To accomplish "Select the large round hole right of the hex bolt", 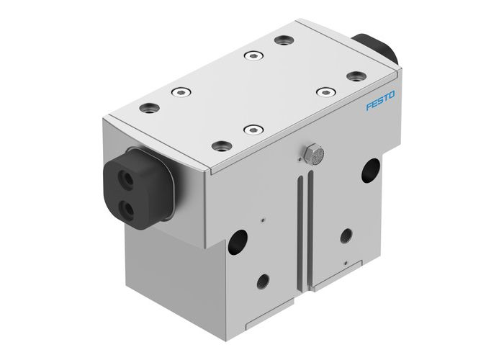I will pyautogui.click(x=372, y=170).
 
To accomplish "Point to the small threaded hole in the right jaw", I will pyautogui.click(x=347, y=235).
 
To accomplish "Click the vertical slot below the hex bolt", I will pyautogui.click(x=299, y=230).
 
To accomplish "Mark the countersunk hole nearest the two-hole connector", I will pyautogui.click(x=149, y=108).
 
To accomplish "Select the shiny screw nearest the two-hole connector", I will pyautogui.click(x=178, y=91).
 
